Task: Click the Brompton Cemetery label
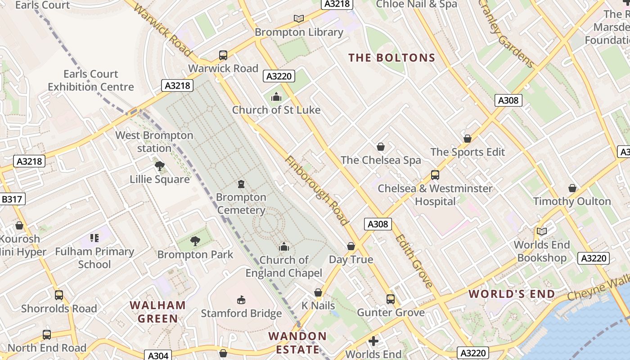click(x=241, y=204)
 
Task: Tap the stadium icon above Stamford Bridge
click(x=241, y=300)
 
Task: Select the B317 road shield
click(x=13, y=199)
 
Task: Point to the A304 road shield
click(x=158, y=355)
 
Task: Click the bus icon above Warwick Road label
click(x=223, y=55)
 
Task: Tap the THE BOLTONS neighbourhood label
click(x=392, y=58)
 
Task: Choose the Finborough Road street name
click(x=316, y=190)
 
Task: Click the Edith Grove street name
click(x=414, y=261)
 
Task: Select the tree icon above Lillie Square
click(x=159, y=166)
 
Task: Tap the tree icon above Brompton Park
click(x=195, y=241)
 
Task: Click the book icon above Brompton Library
click(x=299, y=19)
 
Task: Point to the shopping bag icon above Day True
click(x=351, y=246)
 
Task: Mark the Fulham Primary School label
click(x=94, y=258)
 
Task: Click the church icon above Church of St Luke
click(x=276, y=97)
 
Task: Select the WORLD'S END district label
click(x=512, y=294)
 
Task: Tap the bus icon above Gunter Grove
click(x=391, y=299)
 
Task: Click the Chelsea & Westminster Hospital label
click(x=435, y=194)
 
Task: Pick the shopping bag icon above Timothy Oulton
click(x=572, y=188)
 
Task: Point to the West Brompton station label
click(x=154, y=142)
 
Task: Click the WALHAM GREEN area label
click(x=158, y=312)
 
